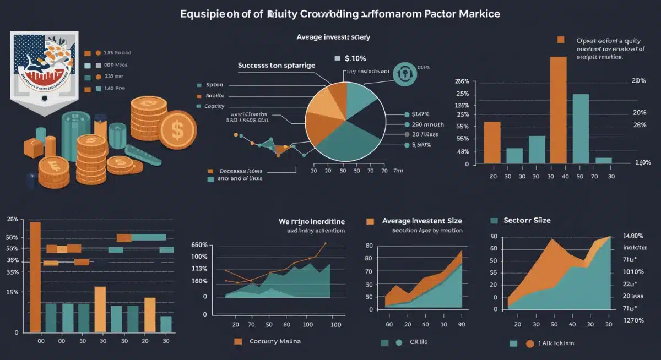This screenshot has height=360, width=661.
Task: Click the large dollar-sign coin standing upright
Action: point(177,129)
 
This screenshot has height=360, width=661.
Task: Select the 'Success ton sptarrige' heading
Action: point(277,65)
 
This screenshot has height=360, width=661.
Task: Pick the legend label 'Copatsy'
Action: point(215,106)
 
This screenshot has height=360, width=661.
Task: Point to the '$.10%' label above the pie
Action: point(355,58)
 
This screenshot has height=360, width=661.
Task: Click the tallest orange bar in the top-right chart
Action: point(558,110)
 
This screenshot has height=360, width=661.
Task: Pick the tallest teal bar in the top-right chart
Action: point(581,128)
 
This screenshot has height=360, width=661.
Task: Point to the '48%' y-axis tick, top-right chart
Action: point(463,151)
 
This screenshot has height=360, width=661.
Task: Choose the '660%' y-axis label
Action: point(199,245)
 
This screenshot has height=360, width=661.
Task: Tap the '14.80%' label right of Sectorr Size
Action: point(633,236)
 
